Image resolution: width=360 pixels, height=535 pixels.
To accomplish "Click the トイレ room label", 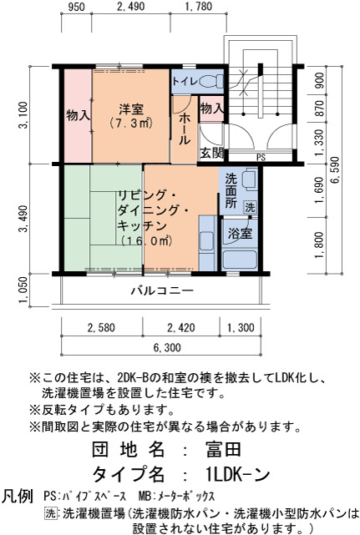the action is (185, 82).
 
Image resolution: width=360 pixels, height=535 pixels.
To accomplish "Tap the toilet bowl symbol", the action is (210, 82).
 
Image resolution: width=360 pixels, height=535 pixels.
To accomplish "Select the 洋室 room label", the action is (131, 109).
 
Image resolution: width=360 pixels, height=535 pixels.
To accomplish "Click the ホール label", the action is (185, 129).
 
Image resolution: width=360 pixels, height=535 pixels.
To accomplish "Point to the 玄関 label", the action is (211, 154).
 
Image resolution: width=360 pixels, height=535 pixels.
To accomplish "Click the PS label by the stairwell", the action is (261, 158).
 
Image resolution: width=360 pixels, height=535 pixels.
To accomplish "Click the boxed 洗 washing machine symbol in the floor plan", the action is (250, 207).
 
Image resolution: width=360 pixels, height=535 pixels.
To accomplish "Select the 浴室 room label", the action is (240, 234).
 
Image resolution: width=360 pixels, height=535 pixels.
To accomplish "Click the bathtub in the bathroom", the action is (240, 260).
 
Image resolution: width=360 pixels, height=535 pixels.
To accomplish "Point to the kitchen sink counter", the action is (207, 243).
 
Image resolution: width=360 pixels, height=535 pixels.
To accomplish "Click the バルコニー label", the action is (163, 290).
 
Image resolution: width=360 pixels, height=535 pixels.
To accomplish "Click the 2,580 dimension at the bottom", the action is (101, 328).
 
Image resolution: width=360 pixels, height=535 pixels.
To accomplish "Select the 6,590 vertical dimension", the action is (336, 170).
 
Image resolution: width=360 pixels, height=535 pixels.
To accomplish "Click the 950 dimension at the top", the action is (76, 7).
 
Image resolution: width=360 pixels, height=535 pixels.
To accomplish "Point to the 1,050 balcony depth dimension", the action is (23, 290).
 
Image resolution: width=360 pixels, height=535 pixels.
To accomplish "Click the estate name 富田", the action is (223, 449).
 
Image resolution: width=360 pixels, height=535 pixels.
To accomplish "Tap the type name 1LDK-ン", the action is (238, 473).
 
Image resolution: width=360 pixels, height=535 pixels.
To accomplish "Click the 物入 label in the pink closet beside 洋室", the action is (79, 115).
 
